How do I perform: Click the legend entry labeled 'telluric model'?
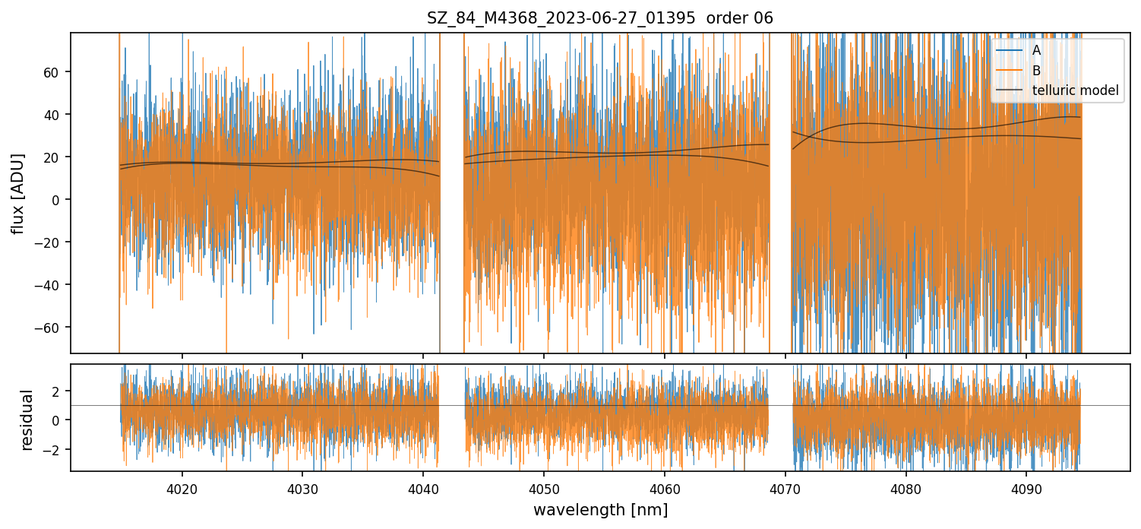coord(1075,90)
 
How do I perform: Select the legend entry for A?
coord(1036,50)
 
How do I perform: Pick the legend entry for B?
coord(1036,71)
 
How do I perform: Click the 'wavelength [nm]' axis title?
coord(600,510)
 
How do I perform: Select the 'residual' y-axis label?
coord(27,420)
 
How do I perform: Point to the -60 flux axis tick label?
coord(51,328)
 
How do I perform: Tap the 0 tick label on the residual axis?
coord(58,420)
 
